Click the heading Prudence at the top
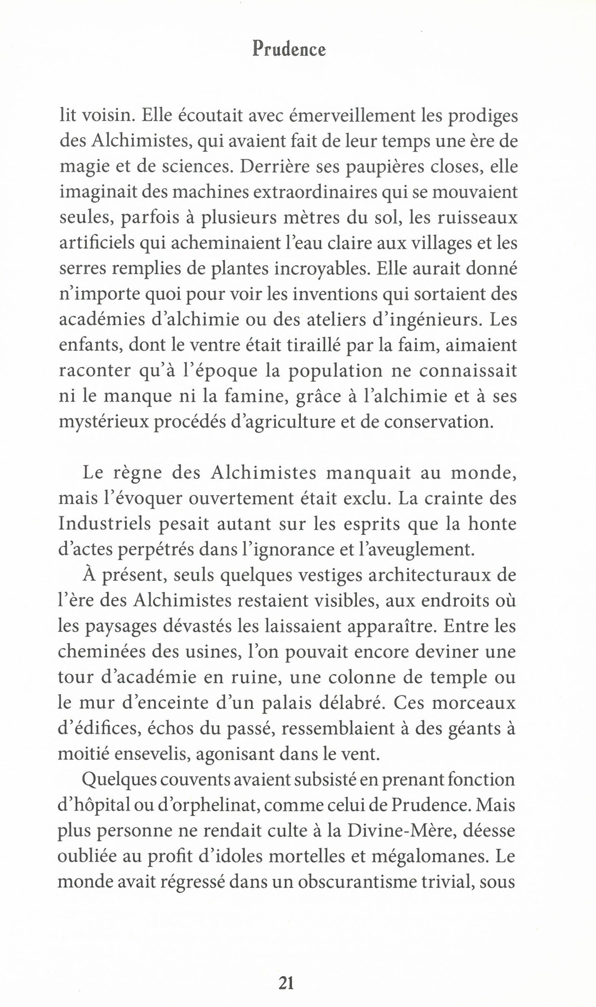[x=289, y=50]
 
